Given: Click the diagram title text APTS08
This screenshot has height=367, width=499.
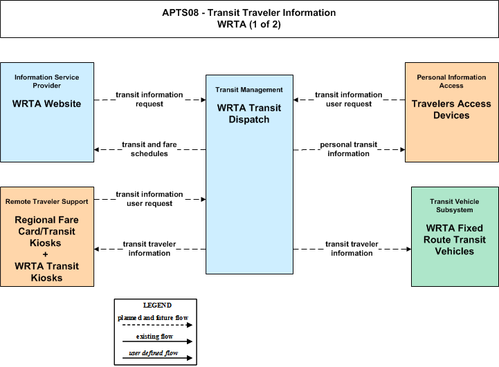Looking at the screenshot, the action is coord(180,12).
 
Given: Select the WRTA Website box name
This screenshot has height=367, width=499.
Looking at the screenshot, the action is coord(47,104).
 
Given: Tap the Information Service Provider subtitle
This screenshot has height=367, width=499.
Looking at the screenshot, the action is coord(47,82).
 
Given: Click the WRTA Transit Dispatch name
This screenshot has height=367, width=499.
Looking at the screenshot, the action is coord(249,113).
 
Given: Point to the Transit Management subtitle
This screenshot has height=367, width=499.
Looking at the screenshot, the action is coord(249,90).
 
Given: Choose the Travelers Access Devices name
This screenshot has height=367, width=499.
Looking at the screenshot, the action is coord(451,109).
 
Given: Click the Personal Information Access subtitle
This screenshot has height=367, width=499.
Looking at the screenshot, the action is coord(451,82).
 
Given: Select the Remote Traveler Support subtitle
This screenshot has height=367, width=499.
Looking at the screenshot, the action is coord(47,201).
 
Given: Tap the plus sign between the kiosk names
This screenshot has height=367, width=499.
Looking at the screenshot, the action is coord(46,254).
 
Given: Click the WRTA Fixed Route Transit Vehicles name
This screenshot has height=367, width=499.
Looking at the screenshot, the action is coord(455,240).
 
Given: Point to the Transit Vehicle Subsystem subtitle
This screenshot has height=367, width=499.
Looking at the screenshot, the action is coord(455,205).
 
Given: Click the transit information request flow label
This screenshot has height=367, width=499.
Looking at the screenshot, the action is coord(149,99).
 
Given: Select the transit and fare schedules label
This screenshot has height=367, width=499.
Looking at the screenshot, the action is coord(149,149).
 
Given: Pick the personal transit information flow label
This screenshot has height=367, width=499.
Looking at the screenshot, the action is coord(349,149).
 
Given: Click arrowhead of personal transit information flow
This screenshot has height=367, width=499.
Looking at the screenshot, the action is coord(403,150).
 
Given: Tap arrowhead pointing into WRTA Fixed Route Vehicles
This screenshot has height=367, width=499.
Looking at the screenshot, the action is coord(409,249).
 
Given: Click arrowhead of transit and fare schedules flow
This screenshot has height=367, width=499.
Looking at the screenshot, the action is coord(96,150).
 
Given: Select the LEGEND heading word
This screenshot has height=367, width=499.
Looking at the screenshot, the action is coord(157,305).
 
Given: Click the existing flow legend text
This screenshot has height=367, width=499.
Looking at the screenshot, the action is coord(154,336).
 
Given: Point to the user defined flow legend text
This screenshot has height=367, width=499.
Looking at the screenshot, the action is coord(154,353).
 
